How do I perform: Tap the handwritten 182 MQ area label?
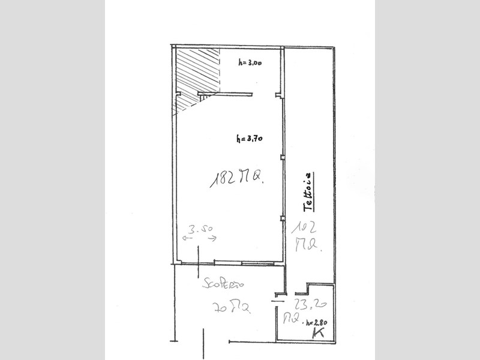click(x=237, y=178)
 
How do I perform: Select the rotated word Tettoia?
click(x=308, y=191)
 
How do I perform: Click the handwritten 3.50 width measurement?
click(x=202, y=228)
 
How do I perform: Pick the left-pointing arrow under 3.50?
click(x=188, y=238)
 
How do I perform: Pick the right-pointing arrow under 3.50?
click(x=212, y=238)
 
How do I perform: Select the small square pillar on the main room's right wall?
click(x=283, y=157)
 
